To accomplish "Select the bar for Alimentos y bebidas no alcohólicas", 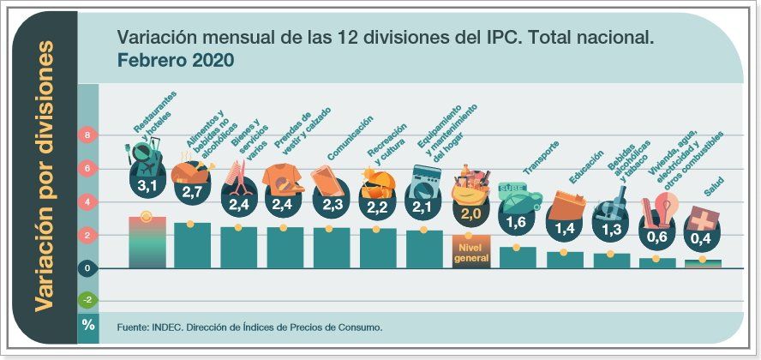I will tap(193, 245).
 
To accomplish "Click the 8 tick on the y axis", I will tap(87, 135).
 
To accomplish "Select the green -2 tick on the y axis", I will tap(87, 300).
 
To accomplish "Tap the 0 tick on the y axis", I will tap(87, 268).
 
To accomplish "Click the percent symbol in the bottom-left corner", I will tap(88, 325).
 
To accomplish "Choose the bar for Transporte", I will tap(517, 257).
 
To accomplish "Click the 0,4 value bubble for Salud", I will tap(703, 237).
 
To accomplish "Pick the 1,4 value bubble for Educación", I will tap(563, 228).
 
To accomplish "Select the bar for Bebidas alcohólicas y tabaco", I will tap(611, 260).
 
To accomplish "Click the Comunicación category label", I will tap(350, 138).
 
